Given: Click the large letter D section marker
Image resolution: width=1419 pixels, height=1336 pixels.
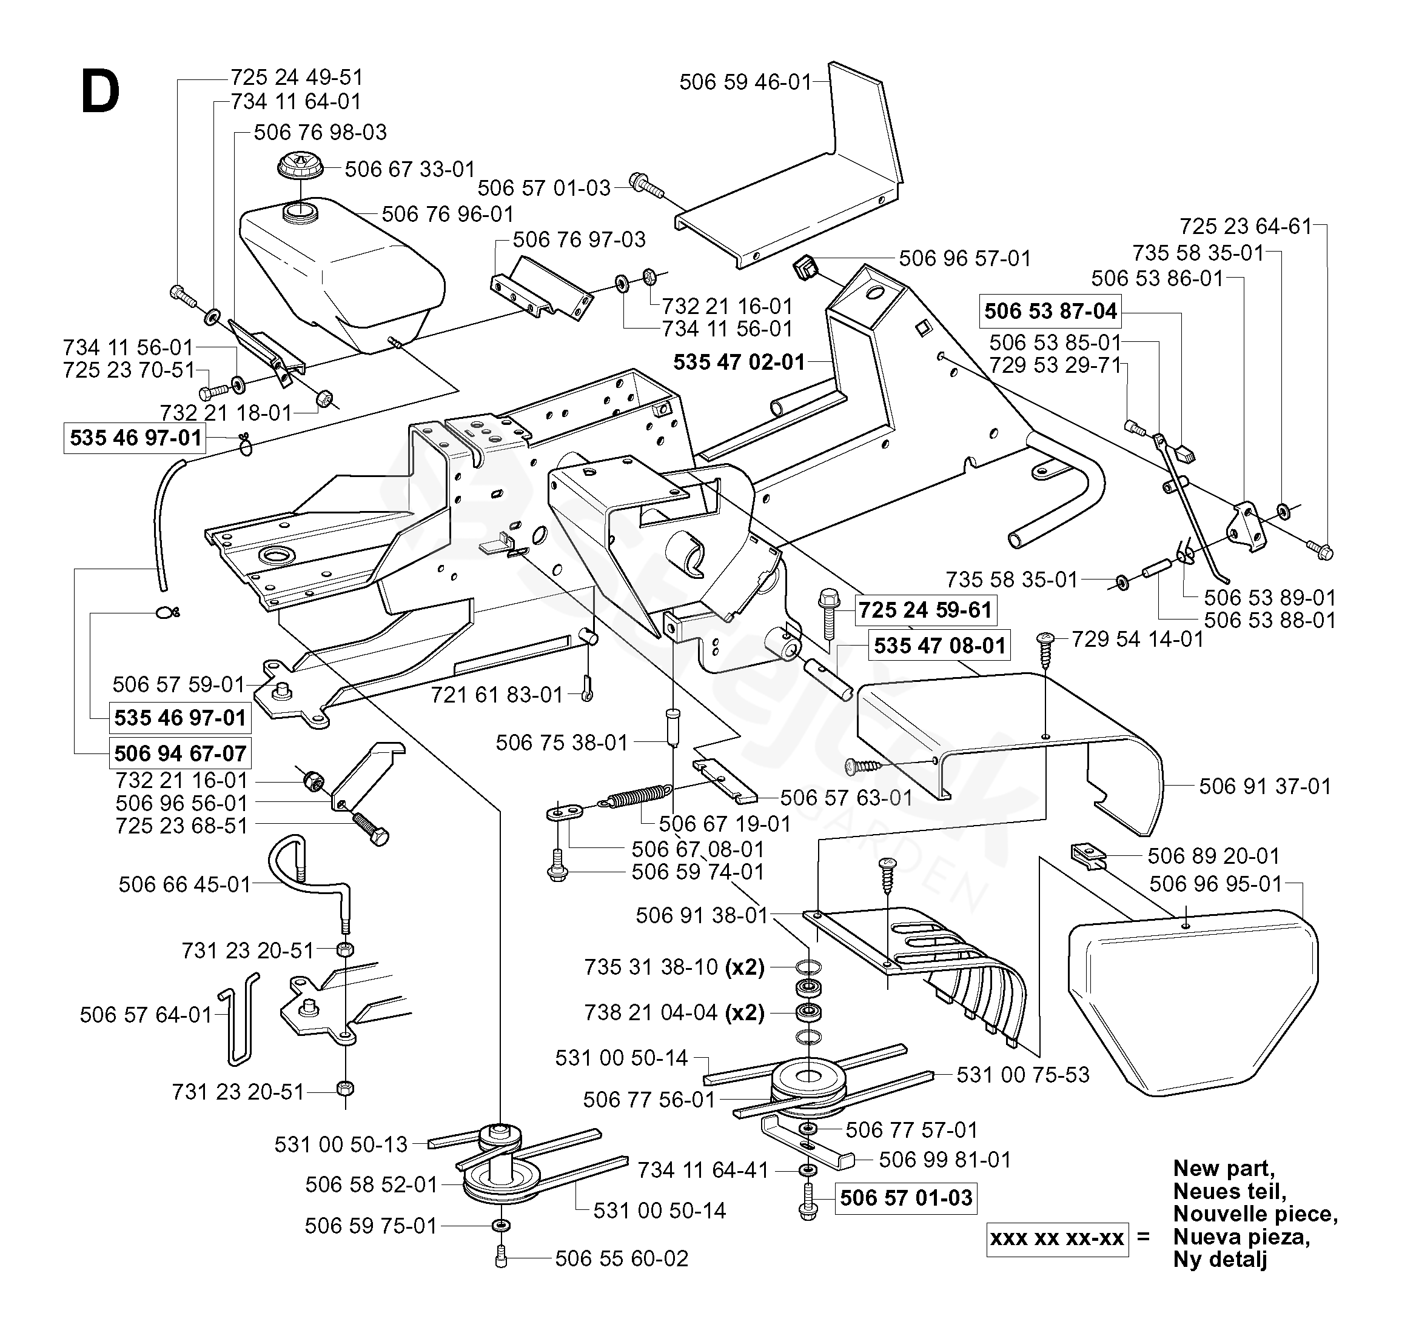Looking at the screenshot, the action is click(x=100, y=94).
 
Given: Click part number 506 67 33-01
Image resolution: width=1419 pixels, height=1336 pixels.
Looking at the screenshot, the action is click(x=410, y=169).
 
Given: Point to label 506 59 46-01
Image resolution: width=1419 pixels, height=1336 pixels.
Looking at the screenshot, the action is click(x=745, y=82).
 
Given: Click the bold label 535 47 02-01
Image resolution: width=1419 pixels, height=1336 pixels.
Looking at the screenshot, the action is click(x=739, y=362).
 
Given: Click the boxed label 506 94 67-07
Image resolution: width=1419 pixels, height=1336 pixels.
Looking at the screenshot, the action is click(x=180, y=753).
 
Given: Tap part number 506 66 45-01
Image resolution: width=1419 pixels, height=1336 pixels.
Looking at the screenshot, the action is click(x=185, y=885).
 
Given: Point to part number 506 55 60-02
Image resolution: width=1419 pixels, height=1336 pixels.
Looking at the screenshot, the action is click(x=622, y=1258).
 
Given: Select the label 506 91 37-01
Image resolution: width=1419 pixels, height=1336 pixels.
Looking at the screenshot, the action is click(x=1266, y=786).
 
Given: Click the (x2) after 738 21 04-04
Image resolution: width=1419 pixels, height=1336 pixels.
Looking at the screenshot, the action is click(x=745, y=1013).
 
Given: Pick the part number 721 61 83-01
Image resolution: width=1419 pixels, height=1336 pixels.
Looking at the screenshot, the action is click(x=497, y=695).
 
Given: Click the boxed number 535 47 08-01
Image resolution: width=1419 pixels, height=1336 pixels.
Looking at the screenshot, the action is click(x=939, y=646).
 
